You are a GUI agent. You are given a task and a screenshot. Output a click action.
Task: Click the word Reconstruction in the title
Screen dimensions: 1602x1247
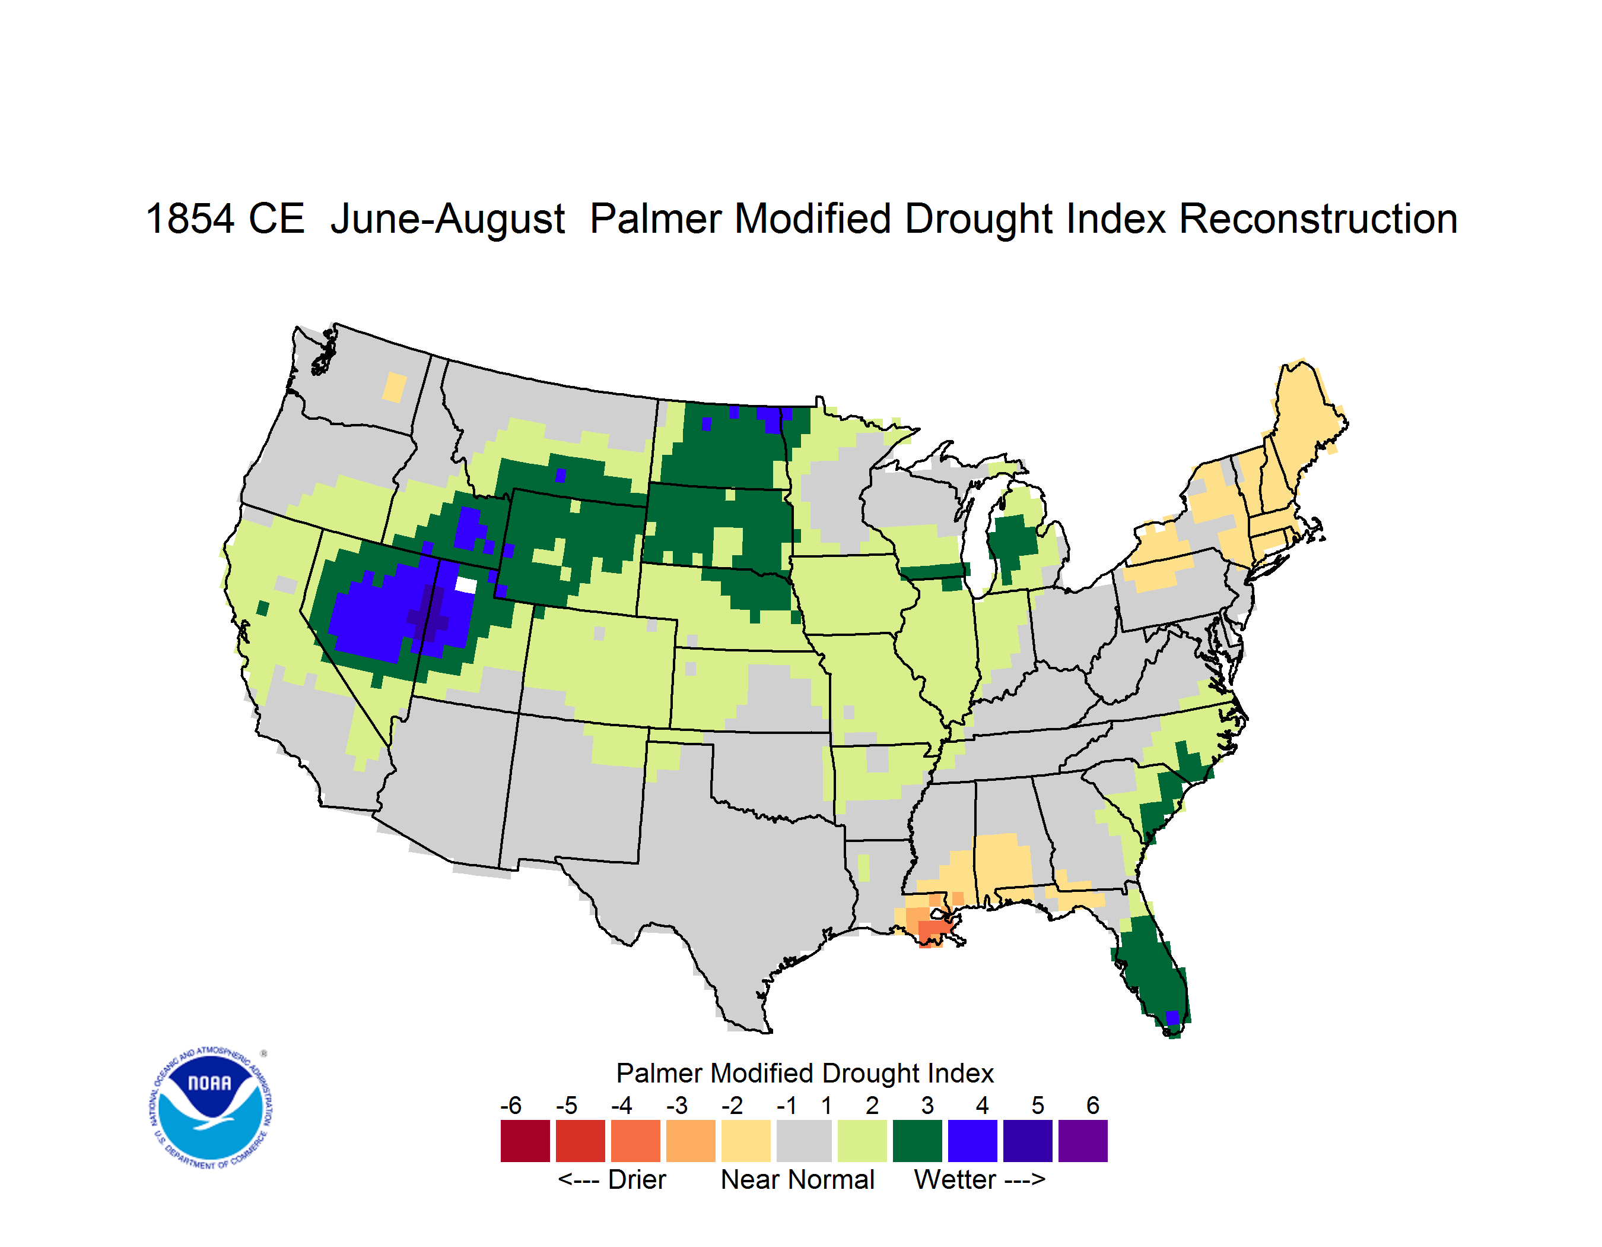pyautogui.click(x=1317, y=219)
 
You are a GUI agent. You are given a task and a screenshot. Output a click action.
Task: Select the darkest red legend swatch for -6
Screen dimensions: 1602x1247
pyautogui.click(x=525, y=1141)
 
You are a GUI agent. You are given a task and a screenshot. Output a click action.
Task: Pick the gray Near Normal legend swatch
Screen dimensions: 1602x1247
pyautogui.click(x=804, y=1141)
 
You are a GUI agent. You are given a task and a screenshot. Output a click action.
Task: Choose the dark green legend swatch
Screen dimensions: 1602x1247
pyautogui.click(x=917, y=1141)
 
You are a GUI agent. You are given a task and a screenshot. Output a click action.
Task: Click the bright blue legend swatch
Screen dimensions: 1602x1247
pyautogui.click(x=972, y=1141)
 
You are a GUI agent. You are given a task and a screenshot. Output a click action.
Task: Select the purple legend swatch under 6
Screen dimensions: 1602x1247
pyautogui.click(x=1083, y=1141)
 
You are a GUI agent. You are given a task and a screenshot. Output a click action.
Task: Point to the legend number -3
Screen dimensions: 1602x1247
pyautogui.click(x=677, y=1105)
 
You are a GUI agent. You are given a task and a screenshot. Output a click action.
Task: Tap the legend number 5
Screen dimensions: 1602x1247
pyautogui.click(x=1038, y=1105)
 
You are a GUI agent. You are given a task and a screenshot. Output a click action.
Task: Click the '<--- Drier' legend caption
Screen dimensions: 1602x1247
pyautogui.click(x=612, y=1179)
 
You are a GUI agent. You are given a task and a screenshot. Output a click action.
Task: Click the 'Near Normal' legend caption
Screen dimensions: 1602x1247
pyautogui.click(x=797, y=1179)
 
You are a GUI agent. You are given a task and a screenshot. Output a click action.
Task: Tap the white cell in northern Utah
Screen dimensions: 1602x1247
pyautogui.click(x=466, y=585)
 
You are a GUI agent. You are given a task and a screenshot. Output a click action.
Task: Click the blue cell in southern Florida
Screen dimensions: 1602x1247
pyautogui.click(x=1172, y=1018)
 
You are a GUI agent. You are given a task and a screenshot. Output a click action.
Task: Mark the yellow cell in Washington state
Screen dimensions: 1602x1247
pyautogui.click(x=395, y=387)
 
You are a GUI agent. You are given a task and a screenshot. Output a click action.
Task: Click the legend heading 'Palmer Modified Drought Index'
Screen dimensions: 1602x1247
pyautogui.click(x=805, y=1073)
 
